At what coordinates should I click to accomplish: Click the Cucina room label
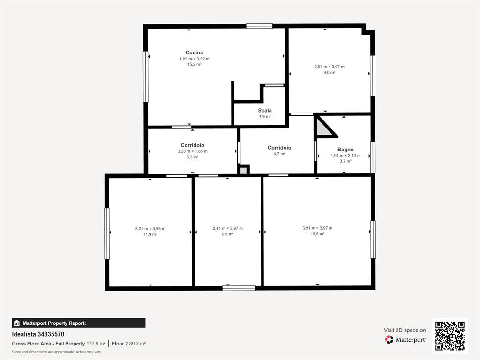pyautogui.click(x=194, y=52)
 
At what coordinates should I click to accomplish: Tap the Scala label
pyautogui.click(x=265, y=111)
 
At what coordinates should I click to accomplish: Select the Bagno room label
pyautogui.click(x=345, y=150)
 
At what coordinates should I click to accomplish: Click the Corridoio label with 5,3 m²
pyautogui.click(x=192, y=145)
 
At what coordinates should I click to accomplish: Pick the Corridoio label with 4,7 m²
pyautogui.click(x=279, y=148)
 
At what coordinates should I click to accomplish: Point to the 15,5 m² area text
pyautogui.click(x=317, y=234)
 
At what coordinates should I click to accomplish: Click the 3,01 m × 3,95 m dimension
pyautogui.click(x=150, y=229)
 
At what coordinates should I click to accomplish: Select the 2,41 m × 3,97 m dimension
pyautogui.click(x=228, y=228)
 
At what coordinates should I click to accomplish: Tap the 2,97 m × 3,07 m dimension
pyautogui.click(x=330, y=67)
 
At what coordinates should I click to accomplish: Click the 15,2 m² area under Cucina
pyautogui.click(x=194, y=65)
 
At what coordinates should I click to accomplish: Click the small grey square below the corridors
pyautogui.click(x=243, y=170)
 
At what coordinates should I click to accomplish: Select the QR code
pyautogui.click(x=450, y=336)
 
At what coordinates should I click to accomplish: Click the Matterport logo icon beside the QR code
pyautogui.click(x=389, y=339)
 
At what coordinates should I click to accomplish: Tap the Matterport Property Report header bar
pyautogui.click(x=79, y=323)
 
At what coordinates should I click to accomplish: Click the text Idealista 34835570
pyautogui.click(x=38, y=334)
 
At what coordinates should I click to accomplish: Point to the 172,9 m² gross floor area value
pyautogui.click(x=96, y=344)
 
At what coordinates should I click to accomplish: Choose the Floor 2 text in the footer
pyautogui.click(x=120, y=344)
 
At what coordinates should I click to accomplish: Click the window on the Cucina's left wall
pyautogui.click(x=146, y=76)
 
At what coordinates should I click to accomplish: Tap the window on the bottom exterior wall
pyautogui.click(x=239, y=288)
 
